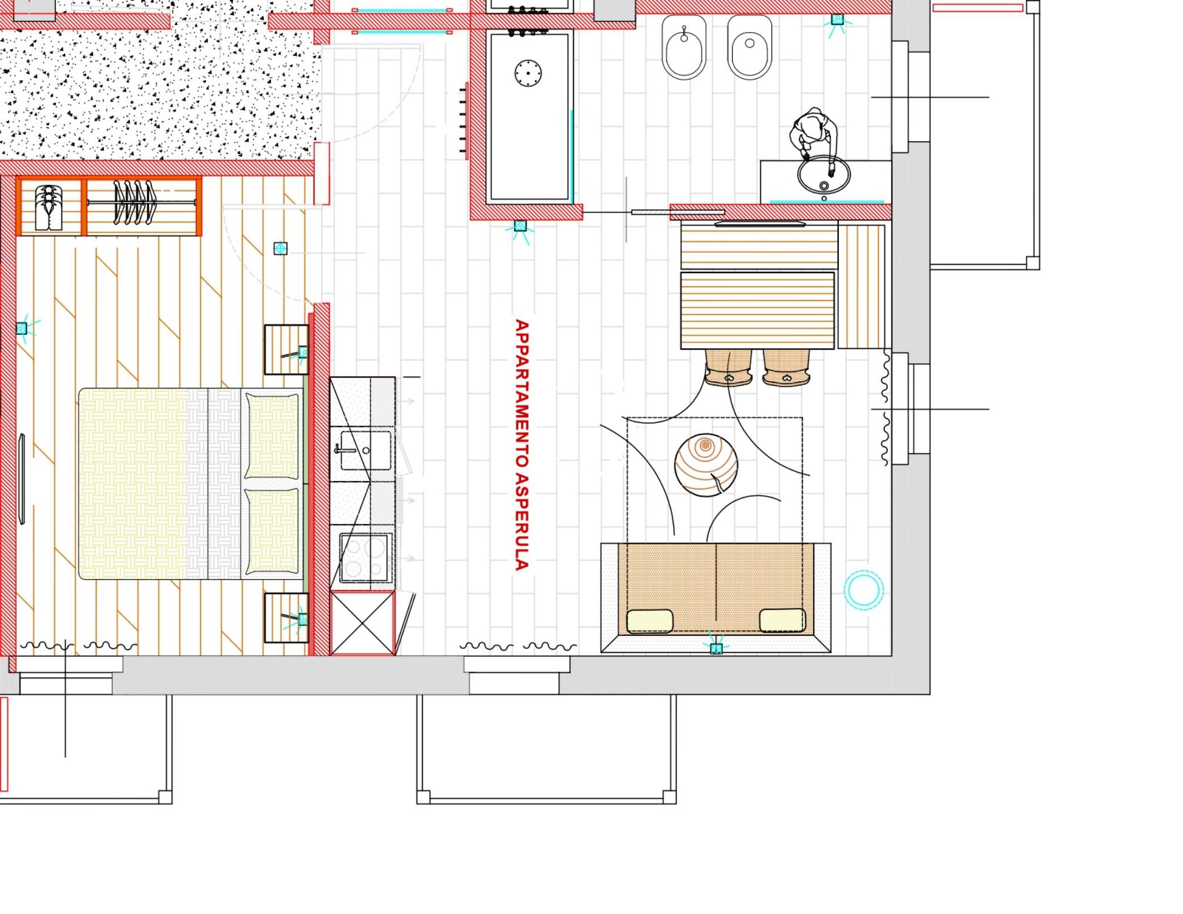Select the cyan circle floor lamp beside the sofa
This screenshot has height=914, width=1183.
coord(864,590)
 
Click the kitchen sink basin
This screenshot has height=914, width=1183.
coord(366,451)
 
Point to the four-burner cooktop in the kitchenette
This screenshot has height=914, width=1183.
coord(366,557)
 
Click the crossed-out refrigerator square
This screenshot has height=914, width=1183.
coord(362,623)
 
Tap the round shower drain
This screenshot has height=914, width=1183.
coord(528,73)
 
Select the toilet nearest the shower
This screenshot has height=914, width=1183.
coord(684,47)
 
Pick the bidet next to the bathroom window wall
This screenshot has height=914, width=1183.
coord(750,47)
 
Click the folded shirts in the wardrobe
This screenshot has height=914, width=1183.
coord(49,207)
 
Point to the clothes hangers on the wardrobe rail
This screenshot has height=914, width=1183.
coord(135,202)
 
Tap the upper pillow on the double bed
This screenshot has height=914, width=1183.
coord(272,436)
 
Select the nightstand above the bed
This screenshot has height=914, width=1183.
coord(286,350)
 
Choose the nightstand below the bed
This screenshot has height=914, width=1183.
coord(286,618)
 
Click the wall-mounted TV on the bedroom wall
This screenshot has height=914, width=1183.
coord(22,479)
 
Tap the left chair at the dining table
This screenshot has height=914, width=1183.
coord(728,367)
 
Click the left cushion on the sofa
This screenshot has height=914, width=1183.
coord(650,621)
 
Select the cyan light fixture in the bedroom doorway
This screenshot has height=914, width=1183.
coord(280,248)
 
